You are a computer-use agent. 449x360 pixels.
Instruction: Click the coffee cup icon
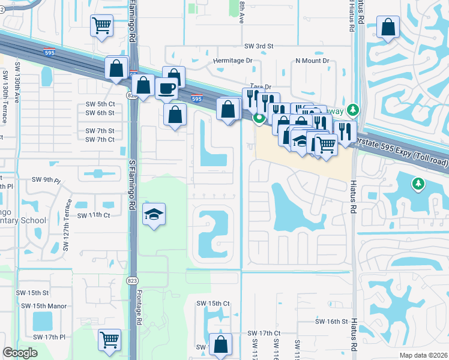[x=166, y=88]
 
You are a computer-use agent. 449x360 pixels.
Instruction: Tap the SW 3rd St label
[x=259, y=46]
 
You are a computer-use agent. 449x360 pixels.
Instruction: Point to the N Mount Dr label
[x=312, y=61]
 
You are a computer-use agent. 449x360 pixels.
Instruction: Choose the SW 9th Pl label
[x=47, y=180]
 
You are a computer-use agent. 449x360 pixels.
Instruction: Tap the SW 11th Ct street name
[x=94, y=215]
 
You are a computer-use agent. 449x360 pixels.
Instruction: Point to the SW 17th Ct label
[x=264, y=333]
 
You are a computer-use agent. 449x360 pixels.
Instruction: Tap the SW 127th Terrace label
[x=66, y=226]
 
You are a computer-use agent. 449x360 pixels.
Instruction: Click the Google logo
[x=20, y=353]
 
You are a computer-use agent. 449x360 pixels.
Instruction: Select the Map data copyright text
[x=424, y=355]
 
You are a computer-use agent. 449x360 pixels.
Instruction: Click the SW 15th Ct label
[x=214, y=304]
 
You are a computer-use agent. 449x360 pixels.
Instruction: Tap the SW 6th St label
[x=100, y=113]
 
